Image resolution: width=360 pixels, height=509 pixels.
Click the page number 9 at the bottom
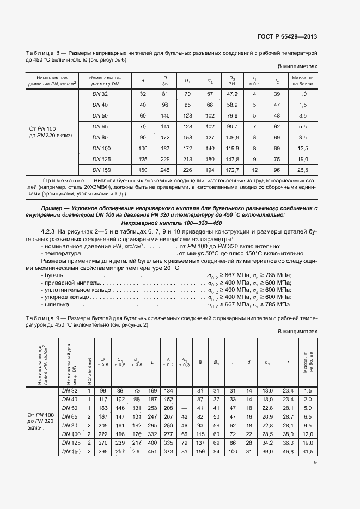click(x=315, y=463)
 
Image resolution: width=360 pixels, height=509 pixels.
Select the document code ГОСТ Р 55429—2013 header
click(x=287, y=37)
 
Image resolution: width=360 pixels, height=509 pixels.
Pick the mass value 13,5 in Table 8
click(x=303, y=148)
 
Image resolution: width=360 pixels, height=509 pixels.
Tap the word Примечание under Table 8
click(x=64, y=180)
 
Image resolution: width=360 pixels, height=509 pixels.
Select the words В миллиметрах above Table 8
click(x=297, y=66)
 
